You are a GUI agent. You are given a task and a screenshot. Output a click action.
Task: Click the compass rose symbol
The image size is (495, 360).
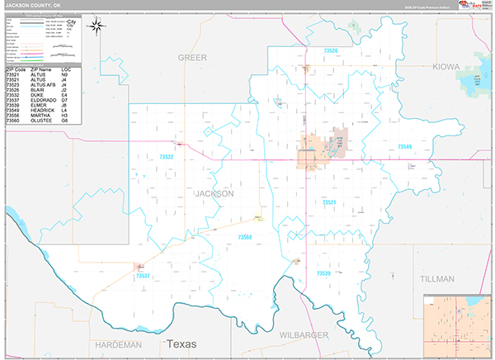(x=97, y=26)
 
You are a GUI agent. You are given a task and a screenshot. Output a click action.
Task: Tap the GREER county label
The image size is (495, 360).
(x=192, y=58)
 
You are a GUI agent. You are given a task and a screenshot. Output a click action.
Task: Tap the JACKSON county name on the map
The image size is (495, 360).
(x=214, y=193)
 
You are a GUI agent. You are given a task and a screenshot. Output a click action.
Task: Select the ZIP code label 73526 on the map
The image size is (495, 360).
(x=330, y=51)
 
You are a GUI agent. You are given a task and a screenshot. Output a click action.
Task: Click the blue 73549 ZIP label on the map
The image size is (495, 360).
(x=403, y=147)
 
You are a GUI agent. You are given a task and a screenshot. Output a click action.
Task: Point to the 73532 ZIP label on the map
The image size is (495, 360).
(x=167, y=156)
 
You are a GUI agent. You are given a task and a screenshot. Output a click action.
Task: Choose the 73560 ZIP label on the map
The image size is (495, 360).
(x=246, y=237)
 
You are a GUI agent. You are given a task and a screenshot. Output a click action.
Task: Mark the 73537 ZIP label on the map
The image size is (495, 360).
(x=144, y=275)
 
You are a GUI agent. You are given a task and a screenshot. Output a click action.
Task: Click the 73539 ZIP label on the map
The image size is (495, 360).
(x=323, y=272)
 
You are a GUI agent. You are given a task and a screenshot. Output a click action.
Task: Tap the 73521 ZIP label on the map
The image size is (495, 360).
(x=329, y=201)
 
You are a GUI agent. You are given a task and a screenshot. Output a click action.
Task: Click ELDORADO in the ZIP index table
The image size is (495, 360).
(x=43, y=101)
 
